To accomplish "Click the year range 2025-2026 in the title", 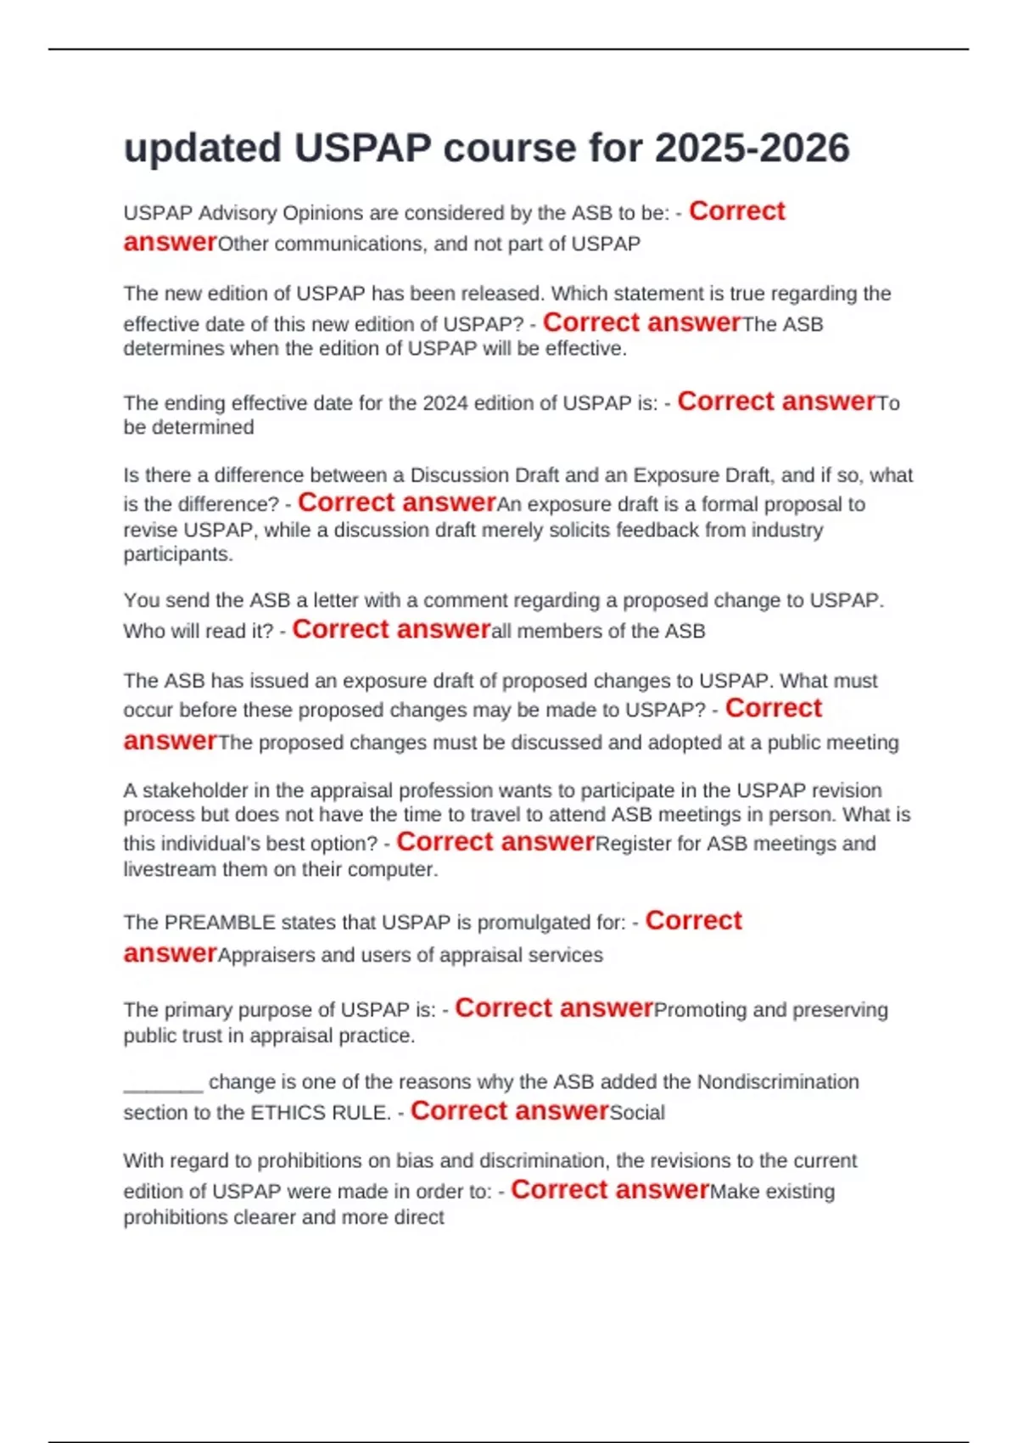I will coord(752,149).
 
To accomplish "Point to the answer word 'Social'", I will coord(637,1113).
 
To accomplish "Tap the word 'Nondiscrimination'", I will coord(778,1082).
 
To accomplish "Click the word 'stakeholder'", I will coord(194,791).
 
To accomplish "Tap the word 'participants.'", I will coord(178,555).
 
